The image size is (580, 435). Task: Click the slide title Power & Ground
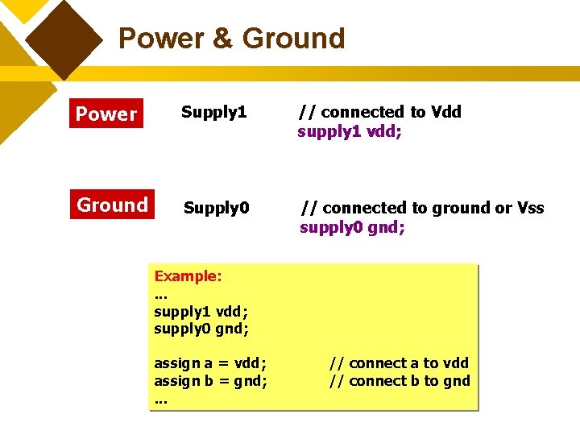[231, 38]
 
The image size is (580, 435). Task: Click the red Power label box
[106, 114]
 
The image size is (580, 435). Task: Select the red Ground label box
[112, 205]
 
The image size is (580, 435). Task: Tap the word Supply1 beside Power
[213, 112]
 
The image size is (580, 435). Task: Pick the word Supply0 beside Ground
[216, 209]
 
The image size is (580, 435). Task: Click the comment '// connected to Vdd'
[379, 112]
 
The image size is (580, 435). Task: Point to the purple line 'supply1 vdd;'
[350, 131]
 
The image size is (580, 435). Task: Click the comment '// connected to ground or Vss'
[422, 208]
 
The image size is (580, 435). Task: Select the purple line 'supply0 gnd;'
[352, 227]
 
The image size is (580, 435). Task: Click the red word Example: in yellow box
[188, 276]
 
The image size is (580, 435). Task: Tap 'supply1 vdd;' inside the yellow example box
[201, 311]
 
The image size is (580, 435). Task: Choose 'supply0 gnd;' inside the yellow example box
[201, 329]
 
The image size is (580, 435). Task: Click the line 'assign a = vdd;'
[210, 363]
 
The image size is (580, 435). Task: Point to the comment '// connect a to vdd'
[399, 363]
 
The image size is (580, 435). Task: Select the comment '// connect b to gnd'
[399, 381]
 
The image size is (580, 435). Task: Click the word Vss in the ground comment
[531, 208]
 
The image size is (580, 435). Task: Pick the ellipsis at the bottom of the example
[160, 400]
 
